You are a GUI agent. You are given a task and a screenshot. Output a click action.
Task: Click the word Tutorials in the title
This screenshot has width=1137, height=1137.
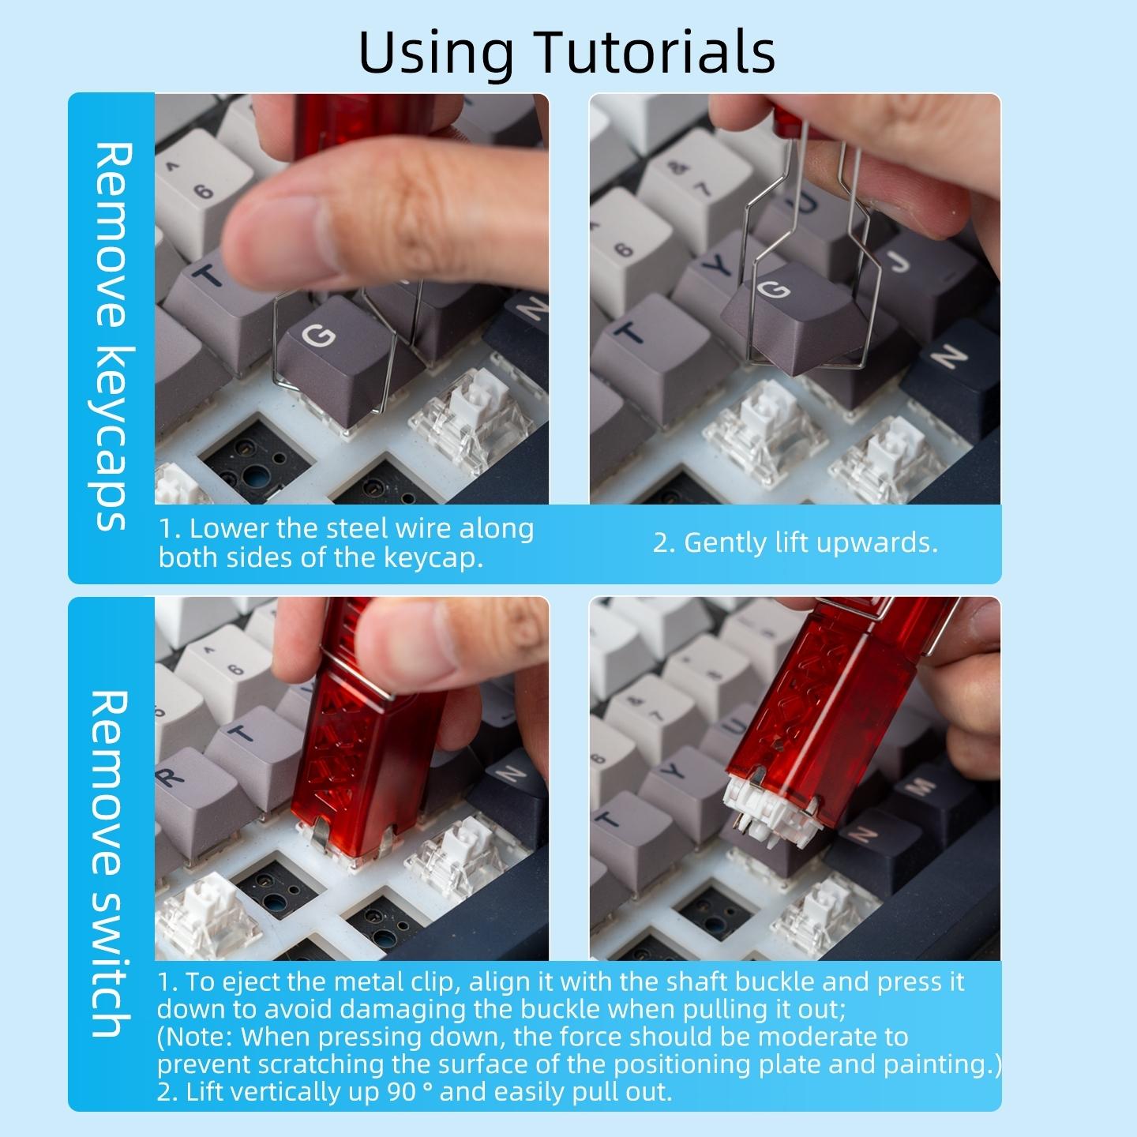(x=656, y=51)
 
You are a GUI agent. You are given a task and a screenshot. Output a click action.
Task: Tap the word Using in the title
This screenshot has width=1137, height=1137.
(x=435, y=51)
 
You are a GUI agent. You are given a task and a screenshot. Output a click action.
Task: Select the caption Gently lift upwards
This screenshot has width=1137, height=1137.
(x=795, y=543)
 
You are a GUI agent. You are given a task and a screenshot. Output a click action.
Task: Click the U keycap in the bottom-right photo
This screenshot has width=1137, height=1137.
(x=730, y=726)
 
